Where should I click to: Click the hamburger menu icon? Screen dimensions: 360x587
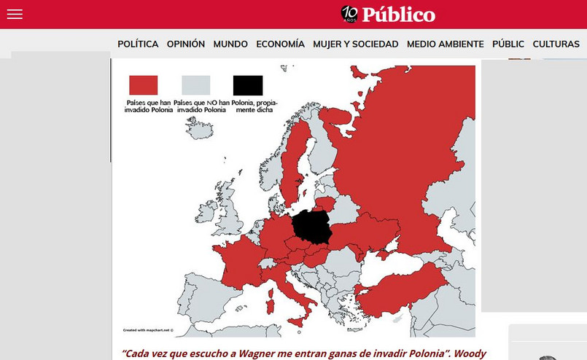coord(15,14)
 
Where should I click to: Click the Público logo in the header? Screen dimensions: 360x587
coord(398,15)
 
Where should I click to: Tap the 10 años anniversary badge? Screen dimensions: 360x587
coord(350,14)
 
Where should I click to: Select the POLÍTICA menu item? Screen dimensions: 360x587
coord(138,44)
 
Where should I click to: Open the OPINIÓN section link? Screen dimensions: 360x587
coord(186,44)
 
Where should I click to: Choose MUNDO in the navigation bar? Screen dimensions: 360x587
coord(230,44)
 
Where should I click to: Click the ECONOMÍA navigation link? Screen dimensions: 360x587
coord(281,44)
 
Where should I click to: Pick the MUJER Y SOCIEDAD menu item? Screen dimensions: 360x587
coord(356,44)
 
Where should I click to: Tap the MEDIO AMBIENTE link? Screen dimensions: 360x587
coord(446,44)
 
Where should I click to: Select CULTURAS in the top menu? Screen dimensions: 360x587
coord(556,44)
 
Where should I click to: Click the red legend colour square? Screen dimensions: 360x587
coord(143,85)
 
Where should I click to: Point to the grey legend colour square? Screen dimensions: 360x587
coord(196,85)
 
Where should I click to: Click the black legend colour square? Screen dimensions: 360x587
coord(248,85)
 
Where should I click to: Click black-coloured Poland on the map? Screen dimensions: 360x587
coord(312,227)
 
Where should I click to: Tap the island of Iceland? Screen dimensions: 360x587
coord(199,129)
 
